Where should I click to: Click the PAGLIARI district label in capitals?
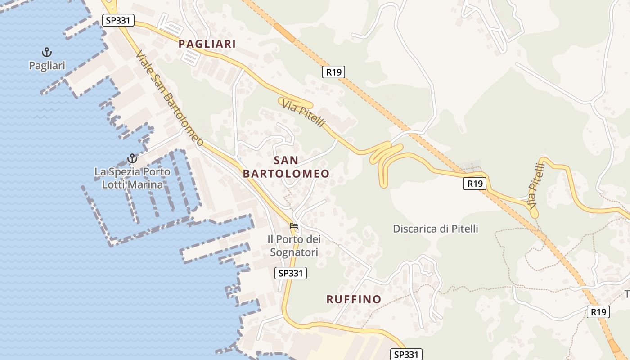[207, 44]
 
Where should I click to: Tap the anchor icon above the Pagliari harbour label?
[47, 52]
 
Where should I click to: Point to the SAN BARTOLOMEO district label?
[286, 167]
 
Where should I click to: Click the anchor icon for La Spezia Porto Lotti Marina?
[132, 158]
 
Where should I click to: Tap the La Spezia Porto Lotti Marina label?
[132, 178]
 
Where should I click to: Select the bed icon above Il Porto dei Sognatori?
[294, 226]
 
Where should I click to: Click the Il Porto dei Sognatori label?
[294, 245]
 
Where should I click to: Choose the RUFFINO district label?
[354, 299]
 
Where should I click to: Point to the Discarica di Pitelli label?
[435, 229]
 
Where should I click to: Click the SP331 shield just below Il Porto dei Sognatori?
[290, 273]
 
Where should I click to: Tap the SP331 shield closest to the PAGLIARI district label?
[118, 20]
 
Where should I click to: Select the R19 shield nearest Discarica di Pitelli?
[475, 184]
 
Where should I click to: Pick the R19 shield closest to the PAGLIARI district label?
[333, 72]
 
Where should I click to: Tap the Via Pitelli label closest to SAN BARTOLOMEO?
[303, 113]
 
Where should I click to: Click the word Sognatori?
[294, 252]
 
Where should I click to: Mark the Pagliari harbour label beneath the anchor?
[47, 66]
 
